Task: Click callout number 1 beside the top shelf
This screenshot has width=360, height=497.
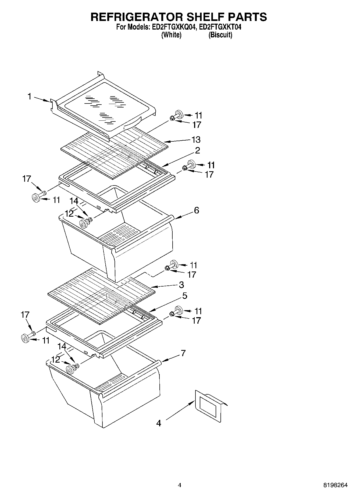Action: tap(30, 96)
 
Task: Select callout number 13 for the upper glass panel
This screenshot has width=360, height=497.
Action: tap(196, 140)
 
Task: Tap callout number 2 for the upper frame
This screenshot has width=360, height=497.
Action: tap(197, 151)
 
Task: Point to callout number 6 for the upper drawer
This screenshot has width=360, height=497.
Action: tap(197, 210)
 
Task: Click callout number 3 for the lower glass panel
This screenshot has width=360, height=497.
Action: tap(181, 284)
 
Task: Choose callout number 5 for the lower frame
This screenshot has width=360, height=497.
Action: tap(185, 296)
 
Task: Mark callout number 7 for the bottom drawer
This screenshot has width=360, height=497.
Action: tap(183, 353)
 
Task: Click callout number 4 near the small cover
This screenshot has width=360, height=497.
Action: tap(159, 423)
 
